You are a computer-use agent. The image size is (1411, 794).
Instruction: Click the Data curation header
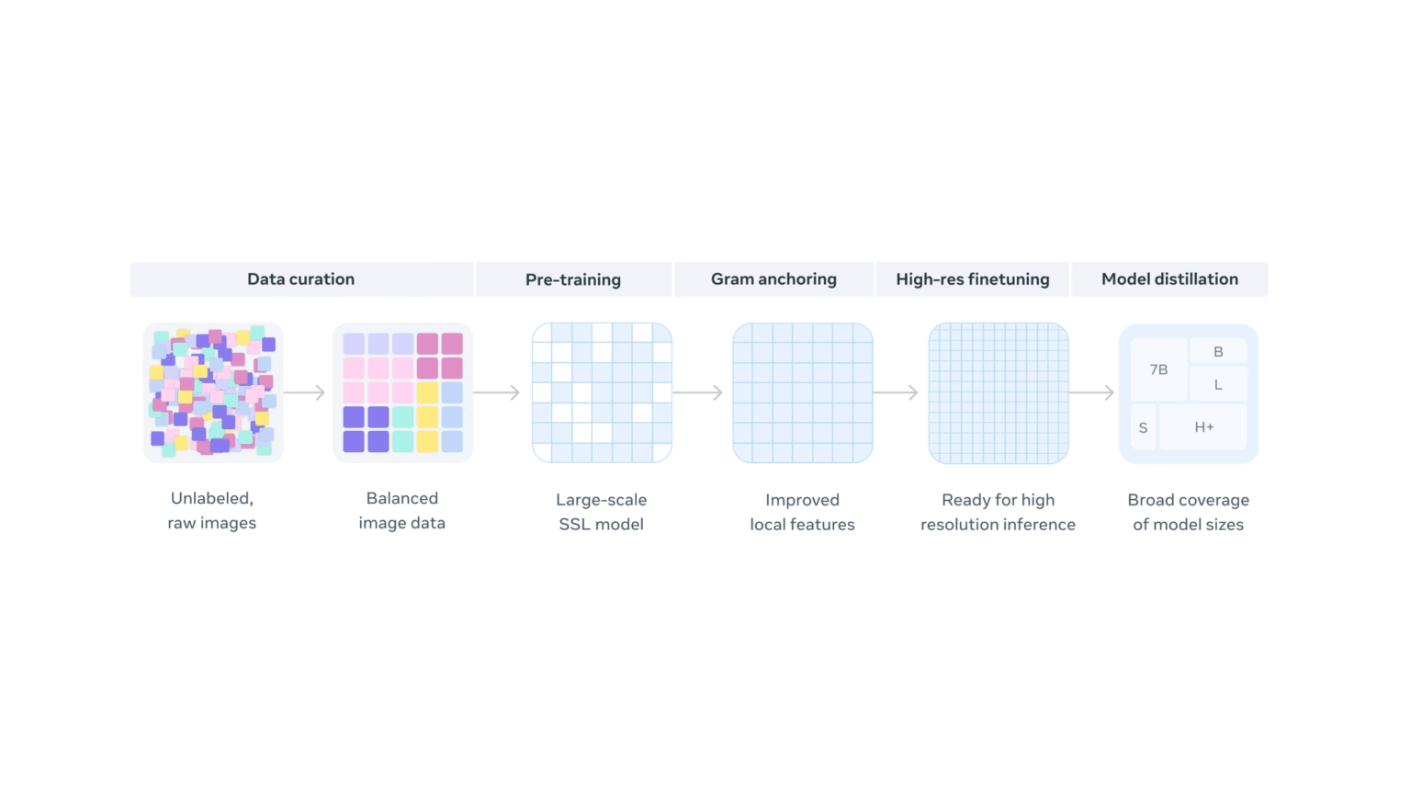tap(301, 279)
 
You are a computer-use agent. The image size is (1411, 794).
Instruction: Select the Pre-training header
tap(573, 279)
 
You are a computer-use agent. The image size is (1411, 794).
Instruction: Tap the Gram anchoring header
tap(773, 279)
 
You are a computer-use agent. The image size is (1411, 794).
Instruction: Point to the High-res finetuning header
tap(973, 279)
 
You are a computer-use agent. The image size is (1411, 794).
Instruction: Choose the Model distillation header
tap(1169, 279)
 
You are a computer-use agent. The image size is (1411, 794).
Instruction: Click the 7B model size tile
tap(1159, 370)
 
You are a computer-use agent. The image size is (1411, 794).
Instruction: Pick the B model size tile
tap(1218, 352)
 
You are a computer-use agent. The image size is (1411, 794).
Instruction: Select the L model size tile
tap(1218, 384)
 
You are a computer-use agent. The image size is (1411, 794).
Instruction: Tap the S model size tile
tap(1144, 428)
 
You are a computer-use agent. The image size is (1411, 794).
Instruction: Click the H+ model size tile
tap(1203, 427)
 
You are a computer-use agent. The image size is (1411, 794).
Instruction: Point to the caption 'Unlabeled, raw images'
tap(211, 510)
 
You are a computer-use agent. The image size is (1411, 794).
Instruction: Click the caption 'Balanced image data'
tap(401, 510)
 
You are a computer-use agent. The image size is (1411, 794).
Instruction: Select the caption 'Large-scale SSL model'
tap(602, 512)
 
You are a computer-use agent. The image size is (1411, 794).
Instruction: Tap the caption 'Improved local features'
tap(803, 512)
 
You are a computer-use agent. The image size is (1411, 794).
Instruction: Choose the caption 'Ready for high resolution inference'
tap(999, 512)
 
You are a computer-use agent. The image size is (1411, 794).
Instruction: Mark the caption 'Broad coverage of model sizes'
tap(1188, 512)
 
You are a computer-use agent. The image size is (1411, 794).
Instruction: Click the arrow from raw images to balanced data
tap(304, 392)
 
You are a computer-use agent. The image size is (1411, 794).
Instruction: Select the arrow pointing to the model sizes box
tap(1092, 392)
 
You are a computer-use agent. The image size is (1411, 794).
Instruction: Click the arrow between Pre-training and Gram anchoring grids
tap(698, 392)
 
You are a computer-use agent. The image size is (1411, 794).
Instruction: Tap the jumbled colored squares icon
tap(213, 392)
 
